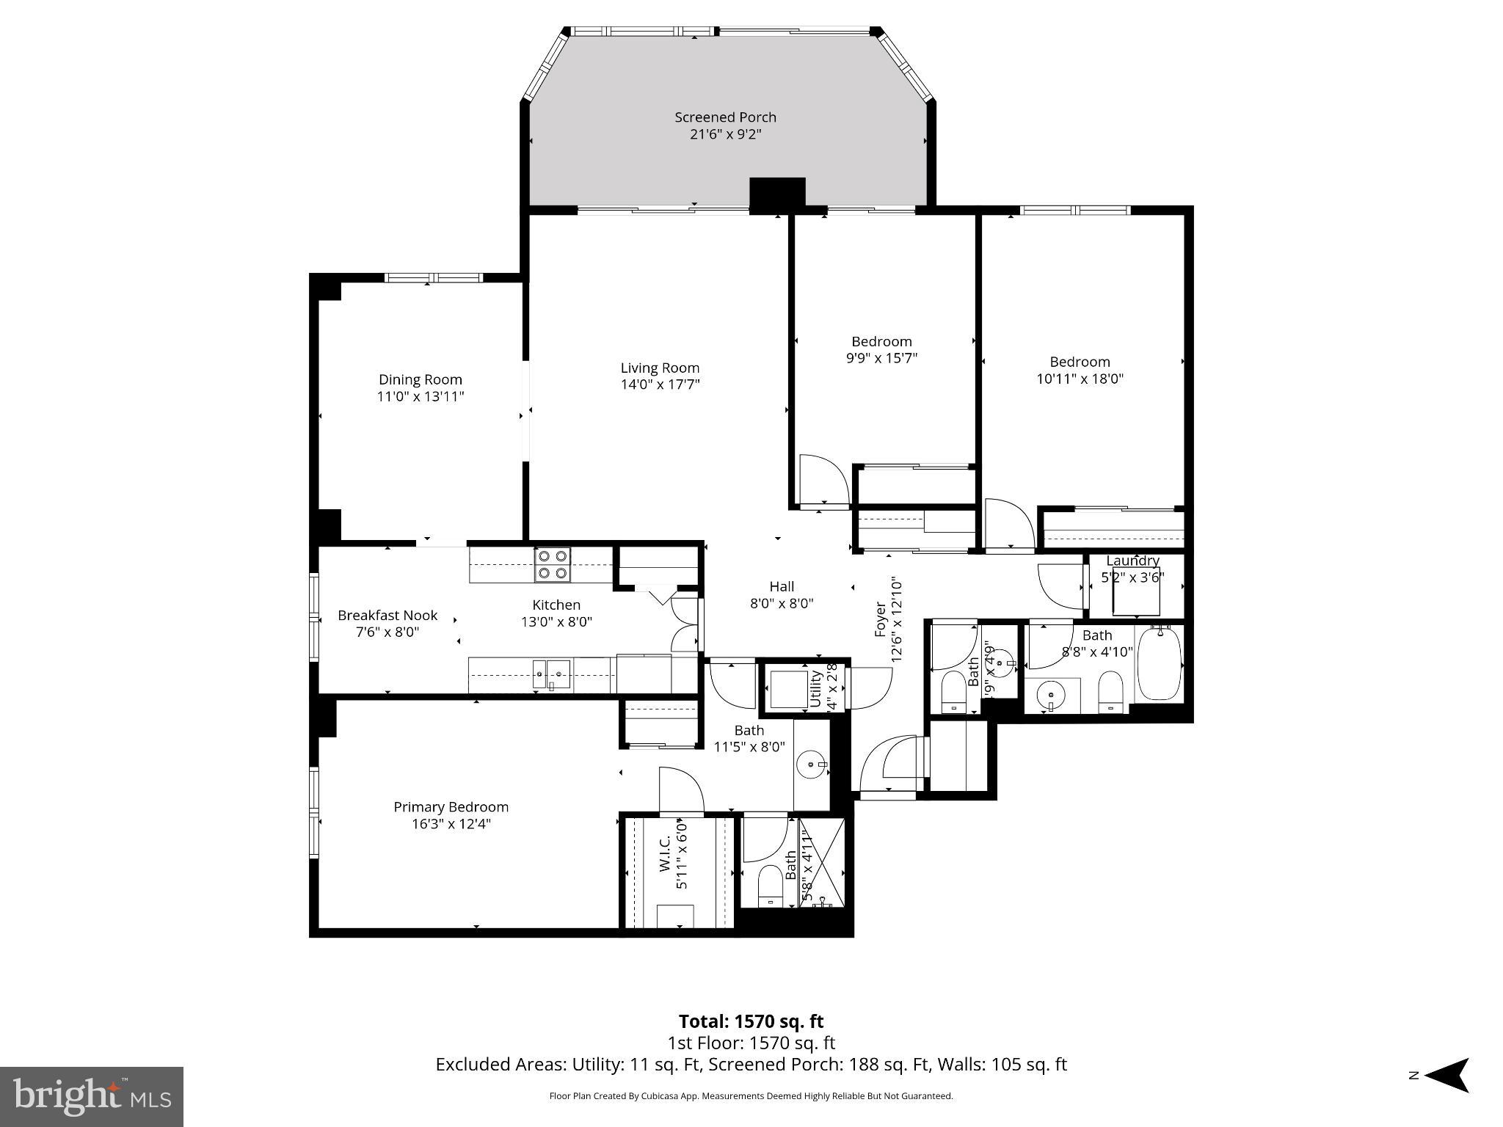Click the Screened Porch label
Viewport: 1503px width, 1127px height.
[725, 117]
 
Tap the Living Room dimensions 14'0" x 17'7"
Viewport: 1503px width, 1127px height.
[660, 384]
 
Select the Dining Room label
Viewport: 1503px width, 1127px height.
[421, 379]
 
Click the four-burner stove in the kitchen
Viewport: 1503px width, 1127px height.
[553, 565]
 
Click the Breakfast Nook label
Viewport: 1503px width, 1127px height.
[387, 615]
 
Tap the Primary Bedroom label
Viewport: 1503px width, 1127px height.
[451, 806]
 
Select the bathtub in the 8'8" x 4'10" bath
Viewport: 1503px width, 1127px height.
[1159, 663]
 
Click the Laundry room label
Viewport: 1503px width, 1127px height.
[1132, 561]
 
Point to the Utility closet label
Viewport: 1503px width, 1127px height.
[815, 687]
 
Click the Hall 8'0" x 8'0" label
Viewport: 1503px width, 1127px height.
[782, 586]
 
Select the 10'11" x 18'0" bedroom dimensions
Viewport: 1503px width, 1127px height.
[1080, 379]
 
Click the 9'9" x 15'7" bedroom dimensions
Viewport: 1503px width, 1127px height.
[881, 359]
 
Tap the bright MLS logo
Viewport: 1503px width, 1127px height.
[92, 1096]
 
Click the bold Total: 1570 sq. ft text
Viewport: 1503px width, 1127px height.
[751, 1021]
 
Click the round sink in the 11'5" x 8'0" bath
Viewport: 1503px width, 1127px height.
[811, 765]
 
